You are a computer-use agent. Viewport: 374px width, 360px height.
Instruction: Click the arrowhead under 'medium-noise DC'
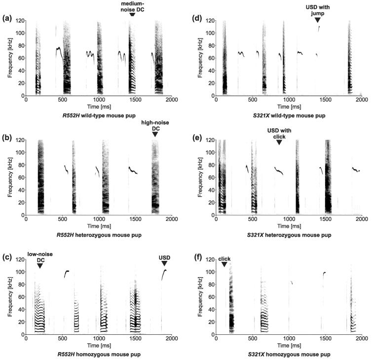click(x=132, y=14)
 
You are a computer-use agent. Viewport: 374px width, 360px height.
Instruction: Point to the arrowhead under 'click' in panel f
click(x=224, y=265)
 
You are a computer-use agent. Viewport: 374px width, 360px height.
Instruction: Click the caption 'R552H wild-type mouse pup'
click(x=99, y=115)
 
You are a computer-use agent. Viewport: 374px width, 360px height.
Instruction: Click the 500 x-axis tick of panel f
click(x=253, y=339)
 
